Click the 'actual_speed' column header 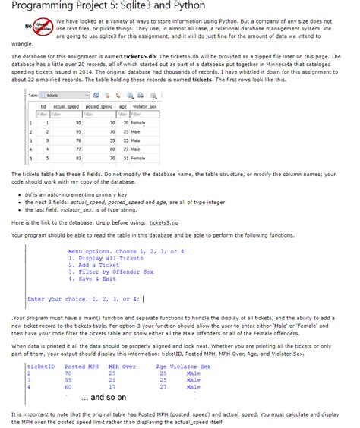tap(65, 108)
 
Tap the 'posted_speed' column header tap(99, 108)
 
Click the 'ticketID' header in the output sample tap(39, 367)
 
